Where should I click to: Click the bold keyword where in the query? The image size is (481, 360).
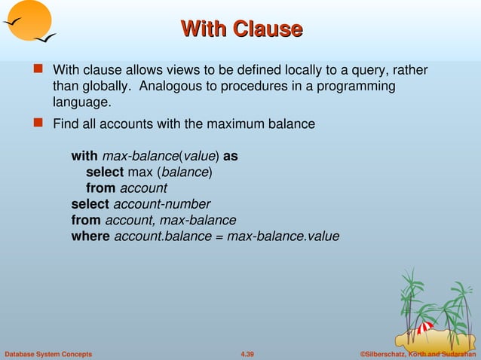[x=90, y=236]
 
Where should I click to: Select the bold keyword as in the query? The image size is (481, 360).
[x=231, y=156]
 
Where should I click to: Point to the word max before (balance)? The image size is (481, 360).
[x=139, y=172]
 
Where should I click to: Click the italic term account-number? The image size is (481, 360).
[x=161, y=204]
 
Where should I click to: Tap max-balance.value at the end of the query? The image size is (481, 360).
[x=283, y=236]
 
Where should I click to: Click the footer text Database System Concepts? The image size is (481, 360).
[x=48, y=354]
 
